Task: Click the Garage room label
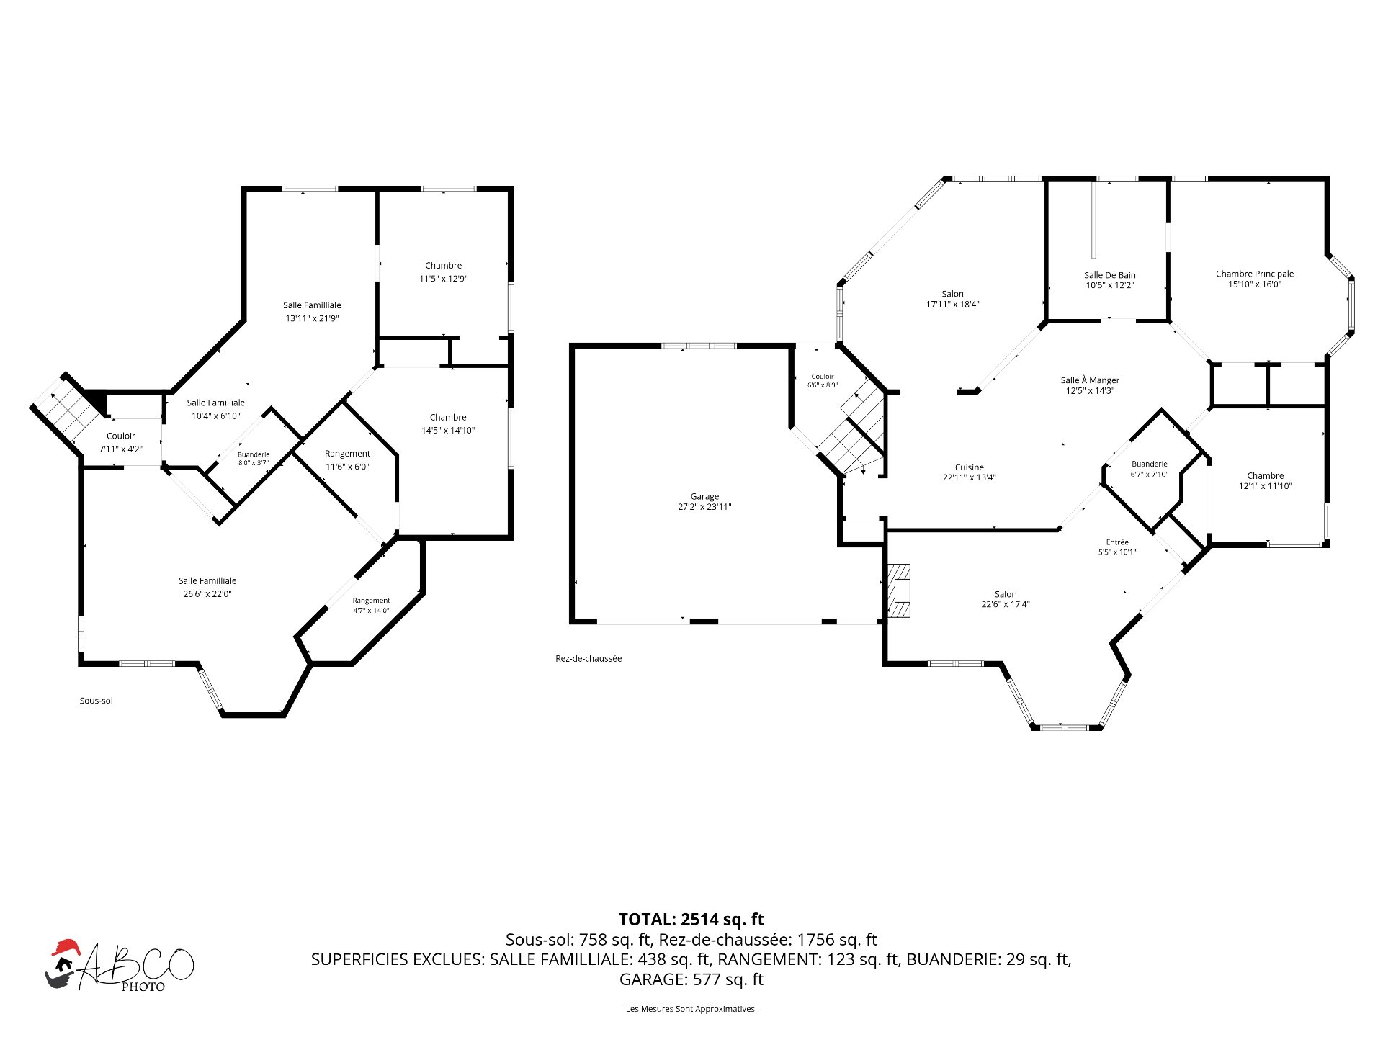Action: [x=704, y=496]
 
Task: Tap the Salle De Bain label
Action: [x=1109, y=275]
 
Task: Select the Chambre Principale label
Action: [x=1255, y=274]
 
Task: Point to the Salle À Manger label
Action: [x=1090, y=380]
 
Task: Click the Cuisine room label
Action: [x=970, y=467]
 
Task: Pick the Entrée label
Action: [x=1117, y=542]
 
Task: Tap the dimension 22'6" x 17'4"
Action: [x=1006, y=604]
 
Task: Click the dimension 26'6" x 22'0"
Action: [x=207, y=594]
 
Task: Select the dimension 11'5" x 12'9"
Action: [x=444, y=279]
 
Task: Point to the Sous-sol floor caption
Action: [x=97, y=701]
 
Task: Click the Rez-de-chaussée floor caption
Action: [x=588, y=658]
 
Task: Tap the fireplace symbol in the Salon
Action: [x=898, y=591]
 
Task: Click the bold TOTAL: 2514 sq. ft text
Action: [x=691, y=920]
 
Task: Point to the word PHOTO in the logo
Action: [x=143, y=987]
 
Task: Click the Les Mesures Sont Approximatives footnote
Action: [x=691, y=1009]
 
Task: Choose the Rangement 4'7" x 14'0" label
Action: [x=371, y=606]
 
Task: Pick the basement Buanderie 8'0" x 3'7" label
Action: [x=254, y=459]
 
